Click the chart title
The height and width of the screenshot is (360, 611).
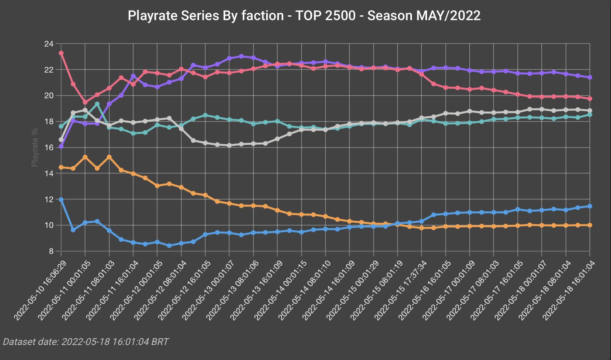coord(304,16)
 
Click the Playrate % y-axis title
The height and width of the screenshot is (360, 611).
coord(34,147)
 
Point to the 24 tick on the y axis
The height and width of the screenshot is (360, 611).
coord(49,44)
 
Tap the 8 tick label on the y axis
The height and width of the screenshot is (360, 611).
coord(51,251)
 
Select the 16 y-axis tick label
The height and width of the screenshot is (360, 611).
coord(49,147)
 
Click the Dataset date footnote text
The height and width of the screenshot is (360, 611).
coord(86,342)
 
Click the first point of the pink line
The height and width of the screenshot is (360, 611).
coord(61,53)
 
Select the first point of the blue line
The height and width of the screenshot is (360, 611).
coord(61,200)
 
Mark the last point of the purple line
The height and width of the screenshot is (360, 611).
coord(590,77)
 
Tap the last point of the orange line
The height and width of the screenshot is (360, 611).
coord(590,225)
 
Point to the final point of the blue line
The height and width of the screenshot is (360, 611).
coord(590,206)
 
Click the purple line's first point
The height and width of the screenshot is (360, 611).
coord(61,146)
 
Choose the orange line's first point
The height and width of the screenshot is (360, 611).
coord(61,167)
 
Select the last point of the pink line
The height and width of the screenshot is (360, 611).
coord(590,99)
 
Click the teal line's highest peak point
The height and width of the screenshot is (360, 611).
coord(97,104)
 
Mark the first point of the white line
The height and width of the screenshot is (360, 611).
coord(61,140)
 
